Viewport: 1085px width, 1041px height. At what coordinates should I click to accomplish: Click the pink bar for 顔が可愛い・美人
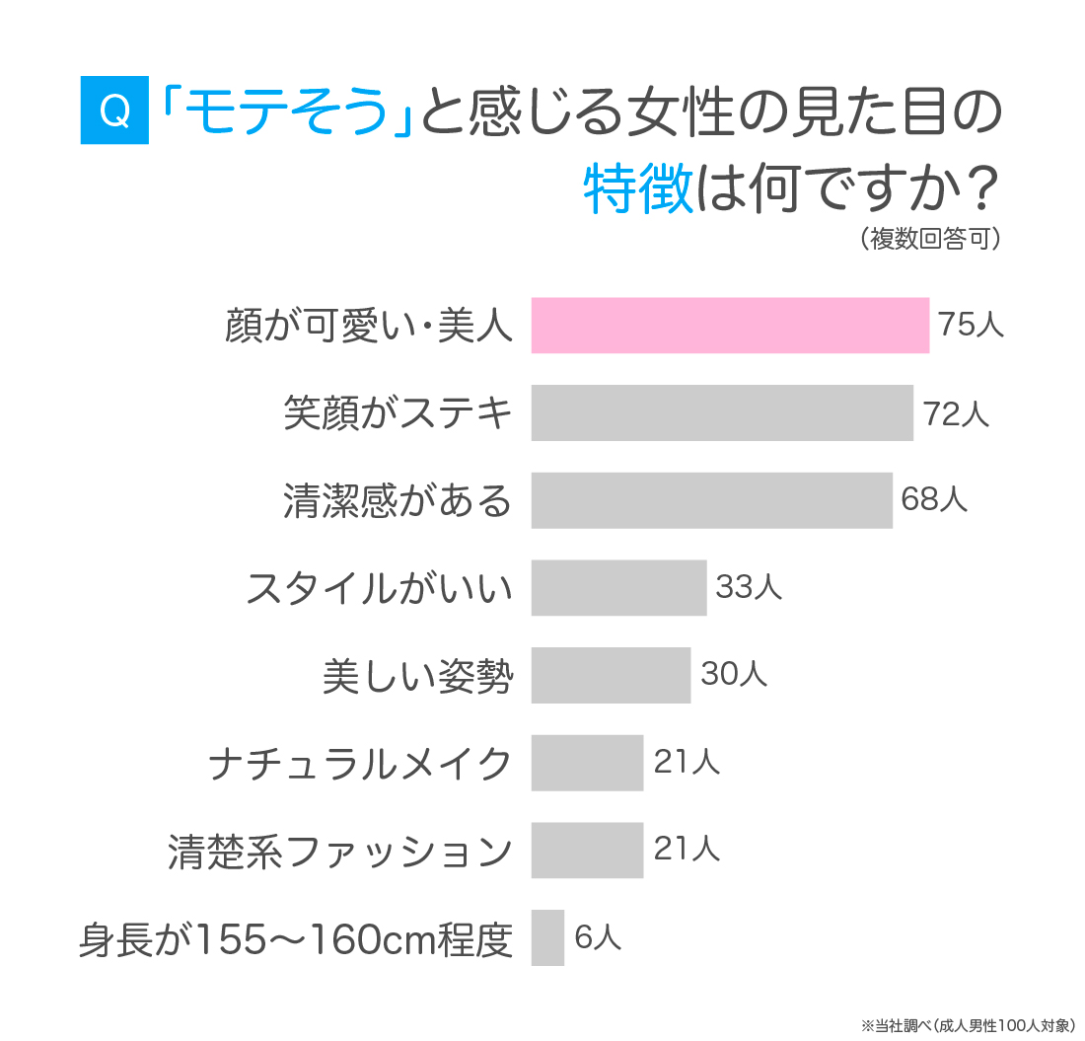[730, 325]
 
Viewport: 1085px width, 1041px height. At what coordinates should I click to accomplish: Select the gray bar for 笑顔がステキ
[722, 412]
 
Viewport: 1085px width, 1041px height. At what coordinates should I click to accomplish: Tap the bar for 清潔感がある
[711, 500]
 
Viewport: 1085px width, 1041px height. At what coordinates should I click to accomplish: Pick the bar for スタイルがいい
[618, 587]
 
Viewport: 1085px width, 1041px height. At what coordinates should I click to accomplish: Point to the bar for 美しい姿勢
[611, 675]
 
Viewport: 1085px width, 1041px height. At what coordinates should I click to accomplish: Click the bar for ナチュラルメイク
[587, 763]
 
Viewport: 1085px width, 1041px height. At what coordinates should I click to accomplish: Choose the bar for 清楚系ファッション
[587, 850]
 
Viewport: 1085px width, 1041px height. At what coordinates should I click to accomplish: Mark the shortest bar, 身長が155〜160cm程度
[547, 937]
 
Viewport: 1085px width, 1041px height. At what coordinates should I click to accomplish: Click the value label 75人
[972, 325]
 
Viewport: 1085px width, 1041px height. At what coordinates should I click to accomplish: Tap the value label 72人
[956, 412]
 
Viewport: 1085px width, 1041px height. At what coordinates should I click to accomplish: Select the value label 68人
[934, 500]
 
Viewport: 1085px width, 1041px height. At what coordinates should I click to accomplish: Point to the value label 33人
[749, 587]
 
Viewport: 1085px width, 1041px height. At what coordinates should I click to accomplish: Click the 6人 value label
[598, 937]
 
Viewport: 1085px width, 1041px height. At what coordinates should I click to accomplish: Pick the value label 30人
[733, 675]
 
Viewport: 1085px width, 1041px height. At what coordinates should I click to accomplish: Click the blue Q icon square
[114, 111]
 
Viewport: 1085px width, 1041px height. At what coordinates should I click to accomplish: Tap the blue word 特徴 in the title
[638, 188]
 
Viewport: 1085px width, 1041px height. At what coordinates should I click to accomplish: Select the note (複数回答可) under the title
[930, 240]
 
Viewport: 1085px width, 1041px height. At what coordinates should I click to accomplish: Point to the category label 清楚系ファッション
[340, 851]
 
